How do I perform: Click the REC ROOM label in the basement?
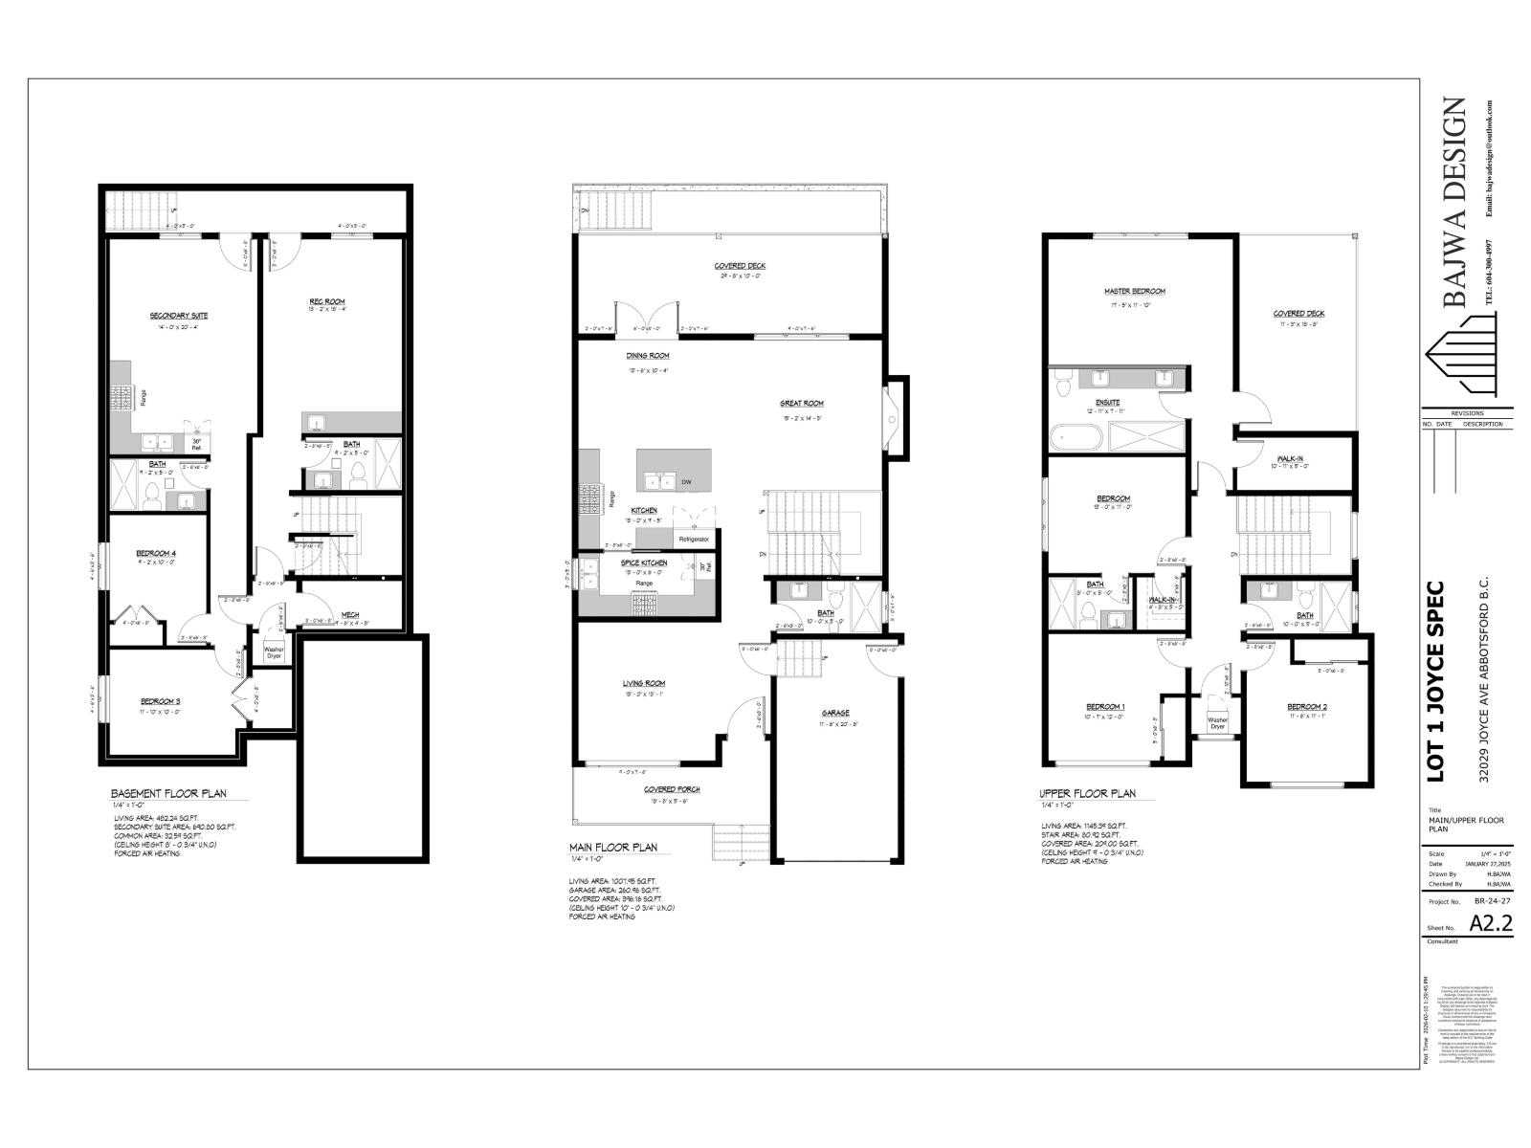point(327,301)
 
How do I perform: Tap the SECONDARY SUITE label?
point(179,316)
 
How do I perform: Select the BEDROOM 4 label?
point(156,553)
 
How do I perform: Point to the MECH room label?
point(350,615)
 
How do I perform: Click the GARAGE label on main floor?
point(835,713)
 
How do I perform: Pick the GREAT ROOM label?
point(801,404)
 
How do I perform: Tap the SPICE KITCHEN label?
point(643,563)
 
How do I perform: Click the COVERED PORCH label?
point(672,789)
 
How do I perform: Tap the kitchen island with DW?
point(675,471)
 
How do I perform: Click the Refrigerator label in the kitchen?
point(694,540)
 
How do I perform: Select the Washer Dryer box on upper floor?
point(1217,723)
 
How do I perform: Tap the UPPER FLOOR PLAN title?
point(1088,794)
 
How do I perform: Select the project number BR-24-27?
point(1493,901)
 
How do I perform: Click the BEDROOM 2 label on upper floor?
point(1306,707)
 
